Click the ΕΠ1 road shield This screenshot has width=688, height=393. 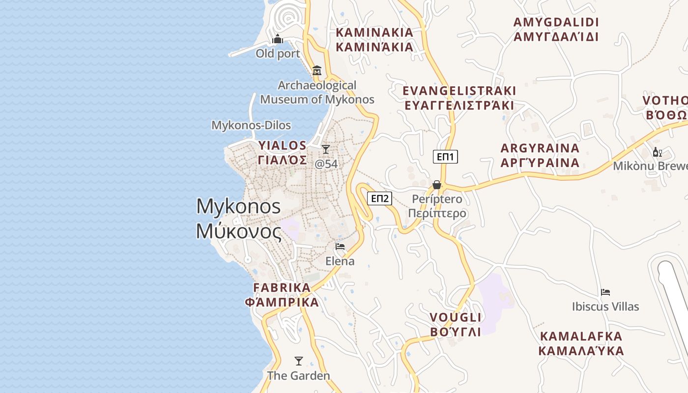coord(445,157)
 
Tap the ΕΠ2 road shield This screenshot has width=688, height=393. coord(380,198)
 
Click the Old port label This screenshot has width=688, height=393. coord(278,54)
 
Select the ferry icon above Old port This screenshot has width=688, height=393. coord(278,39)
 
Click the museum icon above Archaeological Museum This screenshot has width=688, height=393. coord(317,71)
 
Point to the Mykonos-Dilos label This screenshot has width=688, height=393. coord(251,125)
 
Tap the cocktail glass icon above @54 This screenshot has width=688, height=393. coord(326,149)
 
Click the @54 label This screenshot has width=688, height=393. coord(326,164)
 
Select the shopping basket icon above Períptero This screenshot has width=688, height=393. coord(436,185)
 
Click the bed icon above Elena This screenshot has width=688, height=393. coord(340,247)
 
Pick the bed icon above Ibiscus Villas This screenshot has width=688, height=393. coord(605,292)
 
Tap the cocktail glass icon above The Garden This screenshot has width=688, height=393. coord(298,361)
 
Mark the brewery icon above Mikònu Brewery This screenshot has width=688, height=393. coord(657,152)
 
